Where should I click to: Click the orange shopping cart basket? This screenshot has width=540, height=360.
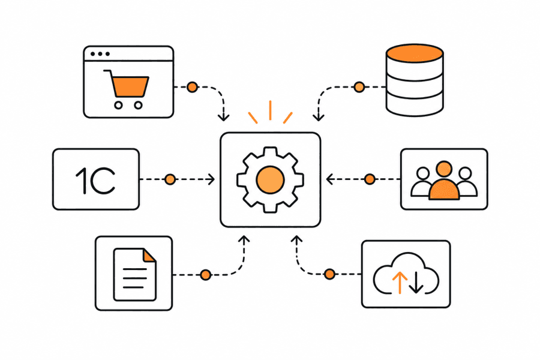point(131,86)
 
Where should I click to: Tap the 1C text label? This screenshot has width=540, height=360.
point(95,181)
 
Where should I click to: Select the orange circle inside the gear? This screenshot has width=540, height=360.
point(271,179)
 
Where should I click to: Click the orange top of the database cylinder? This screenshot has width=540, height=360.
point(415,53)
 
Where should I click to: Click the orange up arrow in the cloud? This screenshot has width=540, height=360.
point(400,282)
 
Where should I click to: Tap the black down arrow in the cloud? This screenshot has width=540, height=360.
point(416,282)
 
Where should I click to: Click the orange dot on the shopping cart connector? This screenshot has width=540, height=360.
point(192,87)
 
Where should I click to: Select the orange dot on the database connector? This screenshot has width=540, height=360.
point(359,87)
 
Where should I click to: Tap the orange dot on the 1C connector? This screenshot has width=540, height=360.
point(170,179)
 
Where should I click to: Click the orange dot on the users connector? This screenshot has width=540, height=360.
point(370,179)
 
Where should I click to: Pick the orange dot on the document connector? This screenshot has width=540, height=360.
point(206,275)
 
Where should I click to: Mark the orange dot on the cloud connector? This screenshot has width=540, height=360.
point(329,274)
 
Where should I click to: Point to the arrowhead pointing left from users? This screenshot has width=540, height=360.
point(329,179)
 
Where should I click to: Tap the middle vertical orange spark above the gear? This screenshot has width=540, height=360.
point(271,110)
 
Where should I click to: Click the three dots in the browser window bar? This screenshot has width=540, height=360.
point(100,54)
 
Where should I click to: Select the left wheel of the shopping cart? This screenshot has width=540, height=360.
point(118,105)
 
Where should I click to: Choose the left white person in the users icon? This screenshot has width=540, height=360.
point(422,182)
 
